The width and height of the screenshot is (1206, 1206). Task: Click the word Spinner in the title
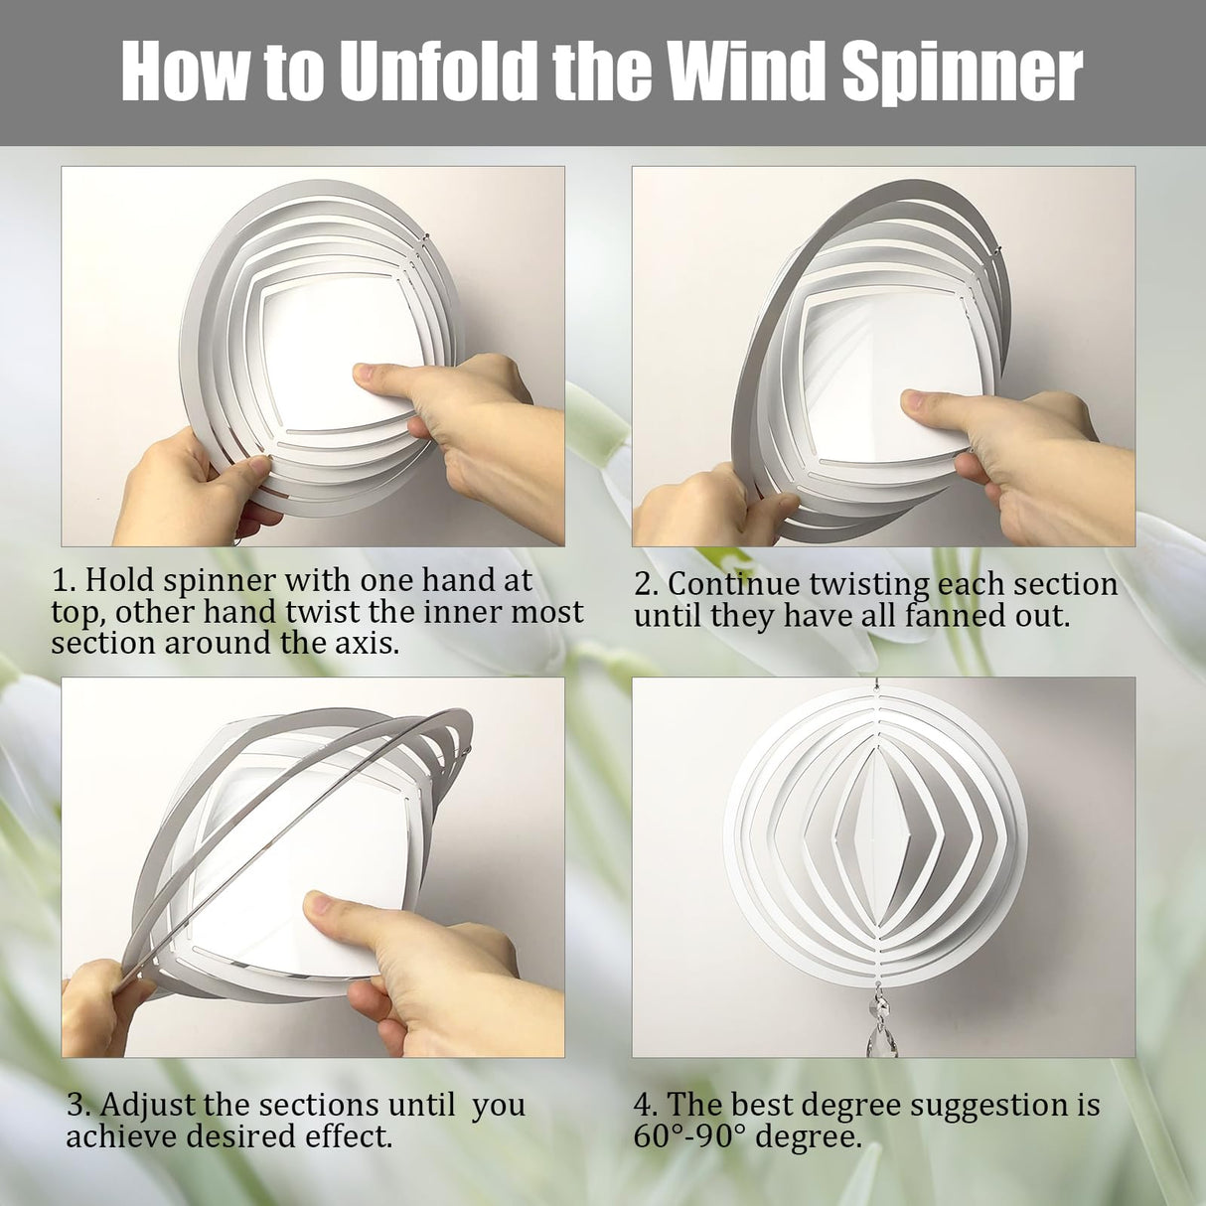(x=963, y=72)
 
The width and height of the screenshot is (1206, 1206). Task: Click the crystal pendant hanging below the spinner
(x=883, y=1023)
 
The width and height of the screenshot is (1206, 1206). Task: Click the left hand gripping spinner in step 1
(x=179, y=487)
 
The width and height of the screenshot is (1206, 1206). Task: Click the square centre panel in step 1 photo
(x=318, y=338)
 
